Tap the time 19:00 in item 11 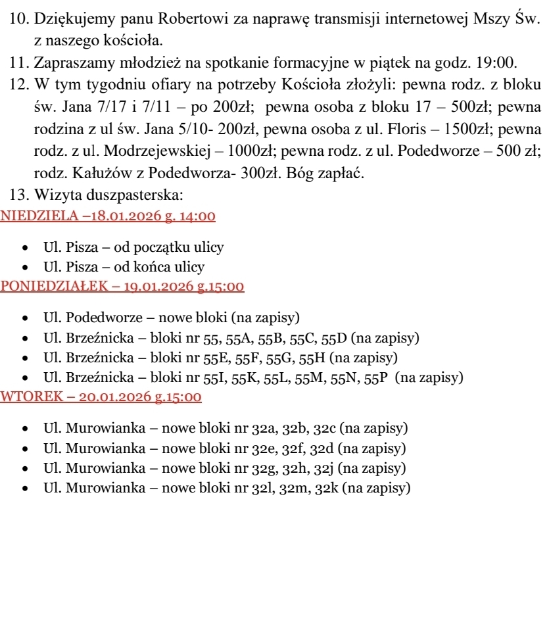(x=500, y=64)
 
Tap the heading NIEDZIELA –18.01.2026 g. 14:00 (x=108, y=216)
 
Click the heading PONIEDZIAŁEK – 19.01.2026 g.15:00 (x=122, y=286)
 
